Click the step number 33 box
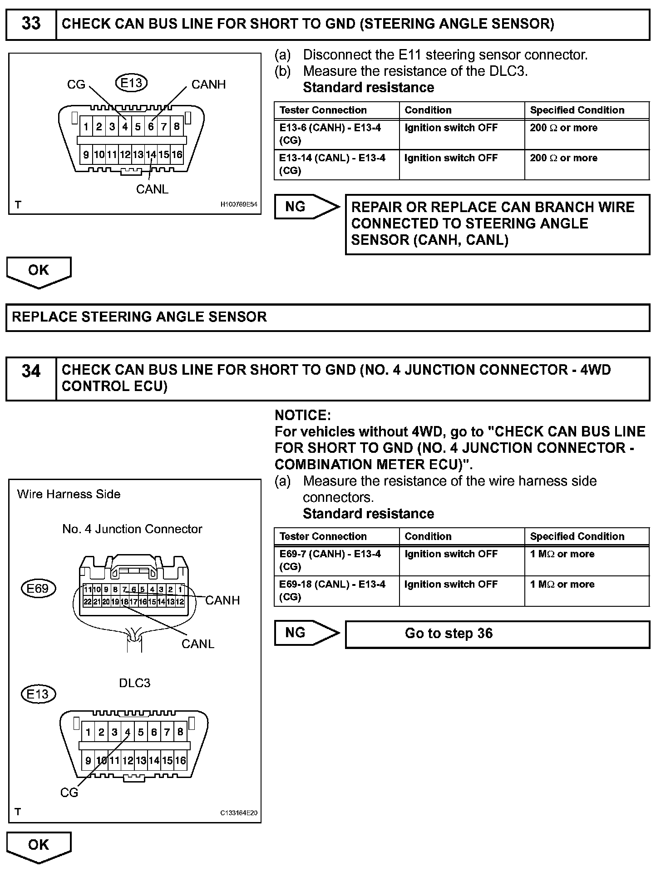click(31, 24)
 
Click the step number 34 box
click(31, 379)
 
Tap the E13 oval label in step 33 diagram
click(132, 83)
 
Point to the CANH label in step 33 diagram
click(208, 84)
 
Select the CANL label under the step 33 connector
click(152, 189)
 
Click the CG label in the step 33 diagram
click(76, 84)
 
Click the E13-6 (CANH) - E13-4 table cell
click(336, 134)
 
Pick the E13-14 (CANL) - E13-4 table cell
click(336, 164)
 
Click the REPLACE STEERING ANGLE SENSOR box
click(328, 317)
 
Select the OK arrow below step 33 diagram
click(39, 272)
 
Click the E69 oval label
click(38, 589)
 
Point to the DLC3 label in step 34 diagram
click(134, 683)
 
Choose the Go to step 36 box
click(497, 634)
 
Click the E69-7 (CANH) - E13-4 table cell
click(336, 560)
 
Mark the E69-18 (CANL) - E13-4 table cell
click(336, 590)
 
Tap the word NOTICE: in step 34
click(303, 415)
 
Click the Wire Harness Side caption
click(69, 494)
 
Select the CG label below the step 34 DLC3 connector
click(69, 793)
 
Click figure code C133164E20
click(239, 813)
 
